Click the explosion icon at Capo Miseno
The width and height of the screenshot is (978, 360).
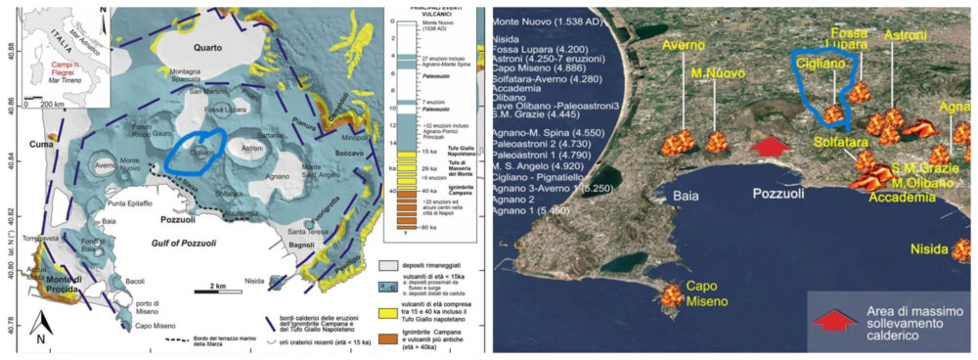672,293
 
